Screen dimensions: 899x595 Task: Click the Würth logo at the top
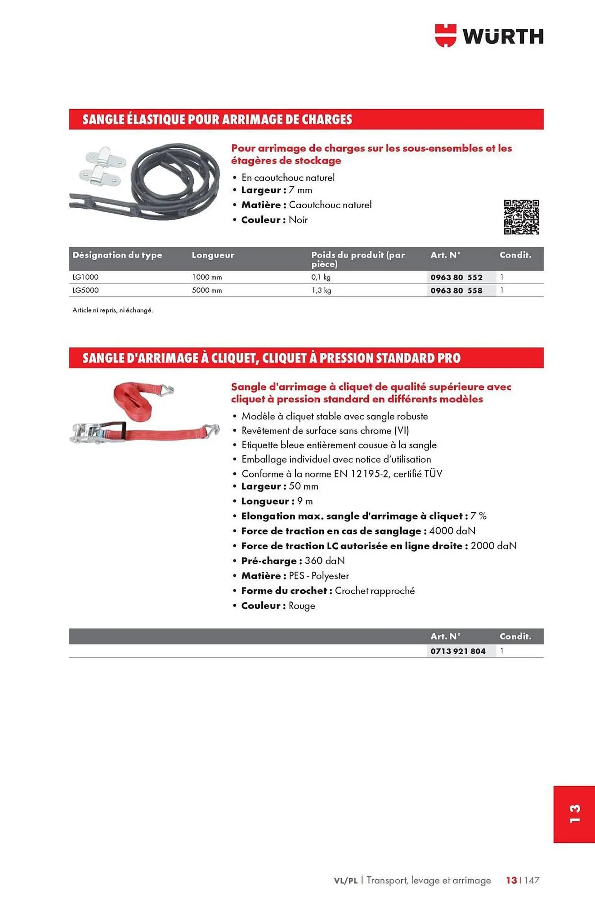click(x=489, y=36)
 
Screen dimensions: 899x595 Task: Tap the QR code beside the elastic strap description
click(x=521, y=217)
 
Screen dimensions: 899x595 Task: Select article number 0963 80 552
click(x=456, y=277)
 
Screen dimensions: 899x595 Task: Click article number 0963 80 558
click(x=456, y=290)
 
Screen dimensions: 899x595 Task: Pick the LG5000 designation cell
click(x=85, y=290)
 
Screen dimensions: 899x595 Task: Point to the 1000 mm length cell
click(x=207, y=277)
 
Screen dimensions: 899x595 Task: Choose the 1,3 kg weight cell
click(x=321, y=290)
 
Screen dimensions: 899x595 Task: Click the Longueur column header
click(x=213, y=255)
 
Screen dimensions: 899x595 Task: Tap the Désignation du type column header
click(x=117, y=255)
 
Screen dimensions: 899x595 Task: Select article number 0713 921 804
click(x=458, y=651)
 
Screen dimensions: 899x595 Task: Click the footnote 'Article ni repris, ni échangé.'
click(x=112, y=310)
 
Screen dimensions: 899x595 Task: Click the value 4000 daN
click(x=452, y=531)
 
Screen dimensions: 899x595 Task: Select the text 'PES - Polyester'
click(x=318, y=576)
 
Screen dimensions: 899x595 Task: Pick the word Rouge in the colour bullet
click(x=302, y=606)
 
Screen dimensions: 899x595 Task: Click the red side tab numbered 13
click(x=574, y=814)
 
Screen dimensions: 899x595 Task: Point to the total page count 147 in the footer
click(x=532, y=881)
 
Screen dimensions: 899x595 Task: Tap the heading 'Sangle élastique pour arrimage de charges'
click(x=217, y=120)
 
